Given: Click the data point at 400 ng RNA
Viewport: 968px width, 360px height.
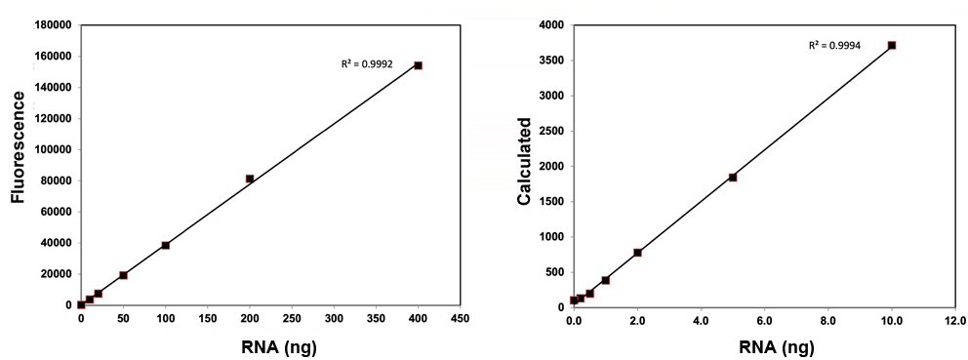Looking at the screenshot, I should pyautogui.click(x=418, y=65).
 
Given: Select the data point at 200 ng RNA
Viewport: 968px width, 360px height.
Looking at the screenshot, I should pyautogui.click(x=250, y=179).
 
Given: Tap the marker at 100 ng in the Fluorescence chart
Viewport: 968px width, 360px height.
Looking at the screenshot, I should pyautogui.click(x=166, y=245).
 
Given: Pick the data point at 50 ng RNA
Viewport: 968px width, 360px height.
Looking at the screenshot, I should pyautogui.click(x=123, y=275).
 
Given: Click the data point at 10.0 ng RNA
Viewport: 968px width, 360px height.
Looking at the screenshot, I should pyautogui.click(x=892, y=45).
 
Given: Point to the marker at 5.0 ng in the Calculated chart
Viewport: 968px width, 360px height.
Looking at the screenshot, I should pyautogui.click(x=733, y=178).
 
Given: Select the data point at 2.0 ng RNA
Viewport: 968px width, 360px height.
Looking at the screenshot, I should pyautogui.click(x=637, y=253).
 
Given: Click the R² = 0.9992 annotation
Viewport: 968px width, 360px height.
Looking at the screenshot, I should pyautogui.click(x=367, y=64).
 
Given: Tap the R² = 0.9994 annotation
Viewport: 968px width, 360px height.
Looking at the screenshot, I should pyautogui.click(x=833, y=45).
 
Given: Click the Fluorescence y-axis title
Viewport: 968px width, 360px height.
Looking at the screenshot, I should pyautogui.click(x=18, y=146).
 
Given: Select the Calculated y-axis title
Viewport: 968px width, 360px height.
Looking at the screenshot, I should pyautogui.click(x=524, y=162).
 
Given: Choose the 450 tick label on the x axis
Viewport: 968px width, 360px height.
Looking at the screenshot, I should pyautogui.click(x=461, y=319).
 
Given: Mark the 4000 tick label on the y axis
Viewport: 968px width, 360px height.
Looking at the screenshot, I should pyautogui.click(x=552, y=25).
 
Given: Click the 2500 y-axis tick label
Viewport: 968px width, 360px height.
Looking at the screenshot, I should pyautogui.click(x=552, y=131).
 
